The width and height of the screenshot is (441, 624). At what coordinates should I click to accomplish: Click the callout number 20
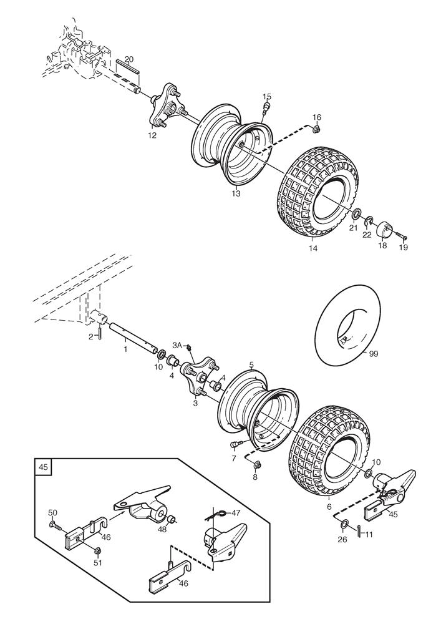pyautogui.click(x=129, y=59)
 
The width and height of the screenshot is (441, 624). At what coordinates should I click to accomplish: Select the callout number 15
pyautogui.click(x=267, y=96)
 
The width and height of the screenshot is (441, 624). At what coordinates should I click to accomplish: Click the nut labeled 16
pyautogui.click(x=316, y=129)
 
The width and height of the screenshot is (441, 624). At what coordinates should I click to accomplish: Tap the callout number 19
pyautogui.click(x=404, y=246)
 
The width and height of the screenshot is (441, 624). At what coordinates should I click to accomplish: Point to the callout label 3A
pyautogui.click(x=177, y=344)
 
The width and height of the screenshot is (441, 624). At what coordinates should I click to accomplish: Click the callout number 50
pyautogui.click(x=52, y=512)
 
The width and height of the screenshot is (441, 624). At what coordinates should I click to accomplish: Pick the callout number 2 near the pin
pyautogui.click(x=91, y=336)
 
